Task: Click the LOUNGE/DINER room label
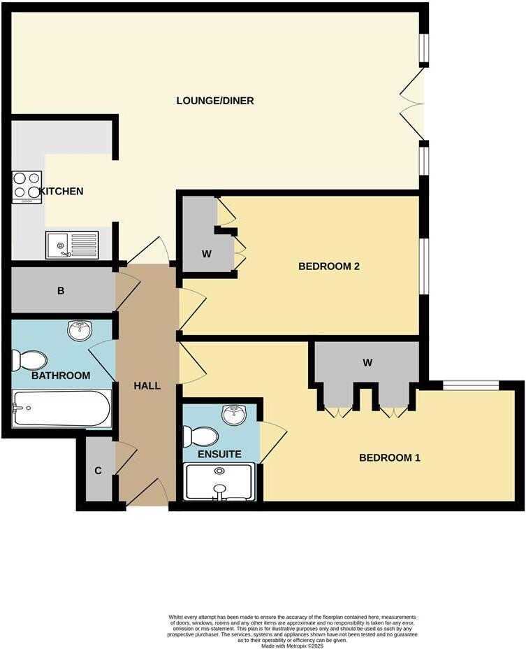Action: (214, 101)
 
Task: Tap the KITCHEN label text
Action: (62, 191)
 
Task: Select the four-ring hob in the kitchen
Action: (27, 187)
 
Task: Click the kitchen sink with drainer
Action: (72, 245)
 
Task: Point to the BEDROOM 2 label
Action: (328, 266)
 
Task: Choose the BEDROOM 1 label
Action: (389, 458)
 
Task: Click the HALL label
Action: (147, 385)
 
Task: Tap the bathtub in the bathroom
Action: (62, 408)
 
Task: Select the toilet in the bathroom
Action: (29, 360)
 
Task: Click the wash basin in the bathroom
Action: (81, 330)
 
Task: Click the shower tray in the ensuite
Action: (219, 483)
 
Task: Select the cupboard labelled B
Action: (61, 290)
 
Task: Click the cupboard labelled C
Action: (98, 471)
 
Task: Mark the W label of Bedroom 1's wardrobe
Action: (367, 362)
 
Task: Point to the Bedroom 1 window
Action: (471, 384)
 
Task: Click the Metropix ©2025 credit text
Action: (292, 646)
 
